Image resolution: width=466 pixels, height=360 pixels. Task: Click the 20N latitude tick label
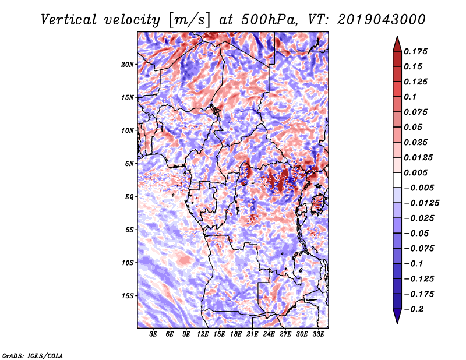128,65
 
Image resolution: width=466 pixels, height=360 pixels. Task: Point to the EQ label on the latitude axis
129,197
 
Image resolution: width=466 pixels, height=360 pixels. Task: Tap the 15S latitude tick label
128,296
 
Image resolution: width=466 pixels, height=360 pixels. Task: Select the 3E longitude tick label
153,334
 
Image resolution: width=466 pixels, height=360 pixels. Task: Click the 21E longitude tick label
252,334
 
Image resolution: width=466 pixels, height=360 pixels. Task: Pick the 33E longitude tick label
318,334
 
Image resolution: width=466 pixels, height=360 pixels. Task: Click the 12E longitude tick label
202,334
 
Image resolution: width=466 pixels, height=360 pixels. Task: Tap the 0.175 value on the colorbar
415,51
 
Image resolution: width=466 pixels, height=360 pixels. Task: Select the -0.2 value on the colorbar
414,309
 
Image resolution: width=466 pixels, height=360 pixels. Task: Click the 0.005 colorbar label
415,172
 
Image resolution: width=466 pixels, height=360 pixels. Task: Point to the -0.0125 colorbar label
421,203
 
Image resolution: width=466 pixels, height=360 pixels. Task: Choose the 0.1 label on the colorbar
410,97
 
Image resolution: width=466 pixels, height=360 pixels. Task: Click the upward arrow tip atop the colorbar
397,36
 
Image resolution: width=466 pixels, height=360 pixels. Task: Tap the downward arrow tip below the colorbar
397,323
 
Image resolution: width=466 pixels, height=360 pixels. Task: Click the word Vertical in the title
68,20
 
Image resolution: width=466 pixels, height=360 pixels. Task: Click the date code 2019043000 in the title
382,20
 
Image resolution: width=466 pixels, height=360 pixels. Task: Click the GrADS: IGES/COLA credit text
33,355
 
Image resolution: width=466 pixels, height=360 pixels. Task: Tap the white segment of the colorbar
397,180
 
